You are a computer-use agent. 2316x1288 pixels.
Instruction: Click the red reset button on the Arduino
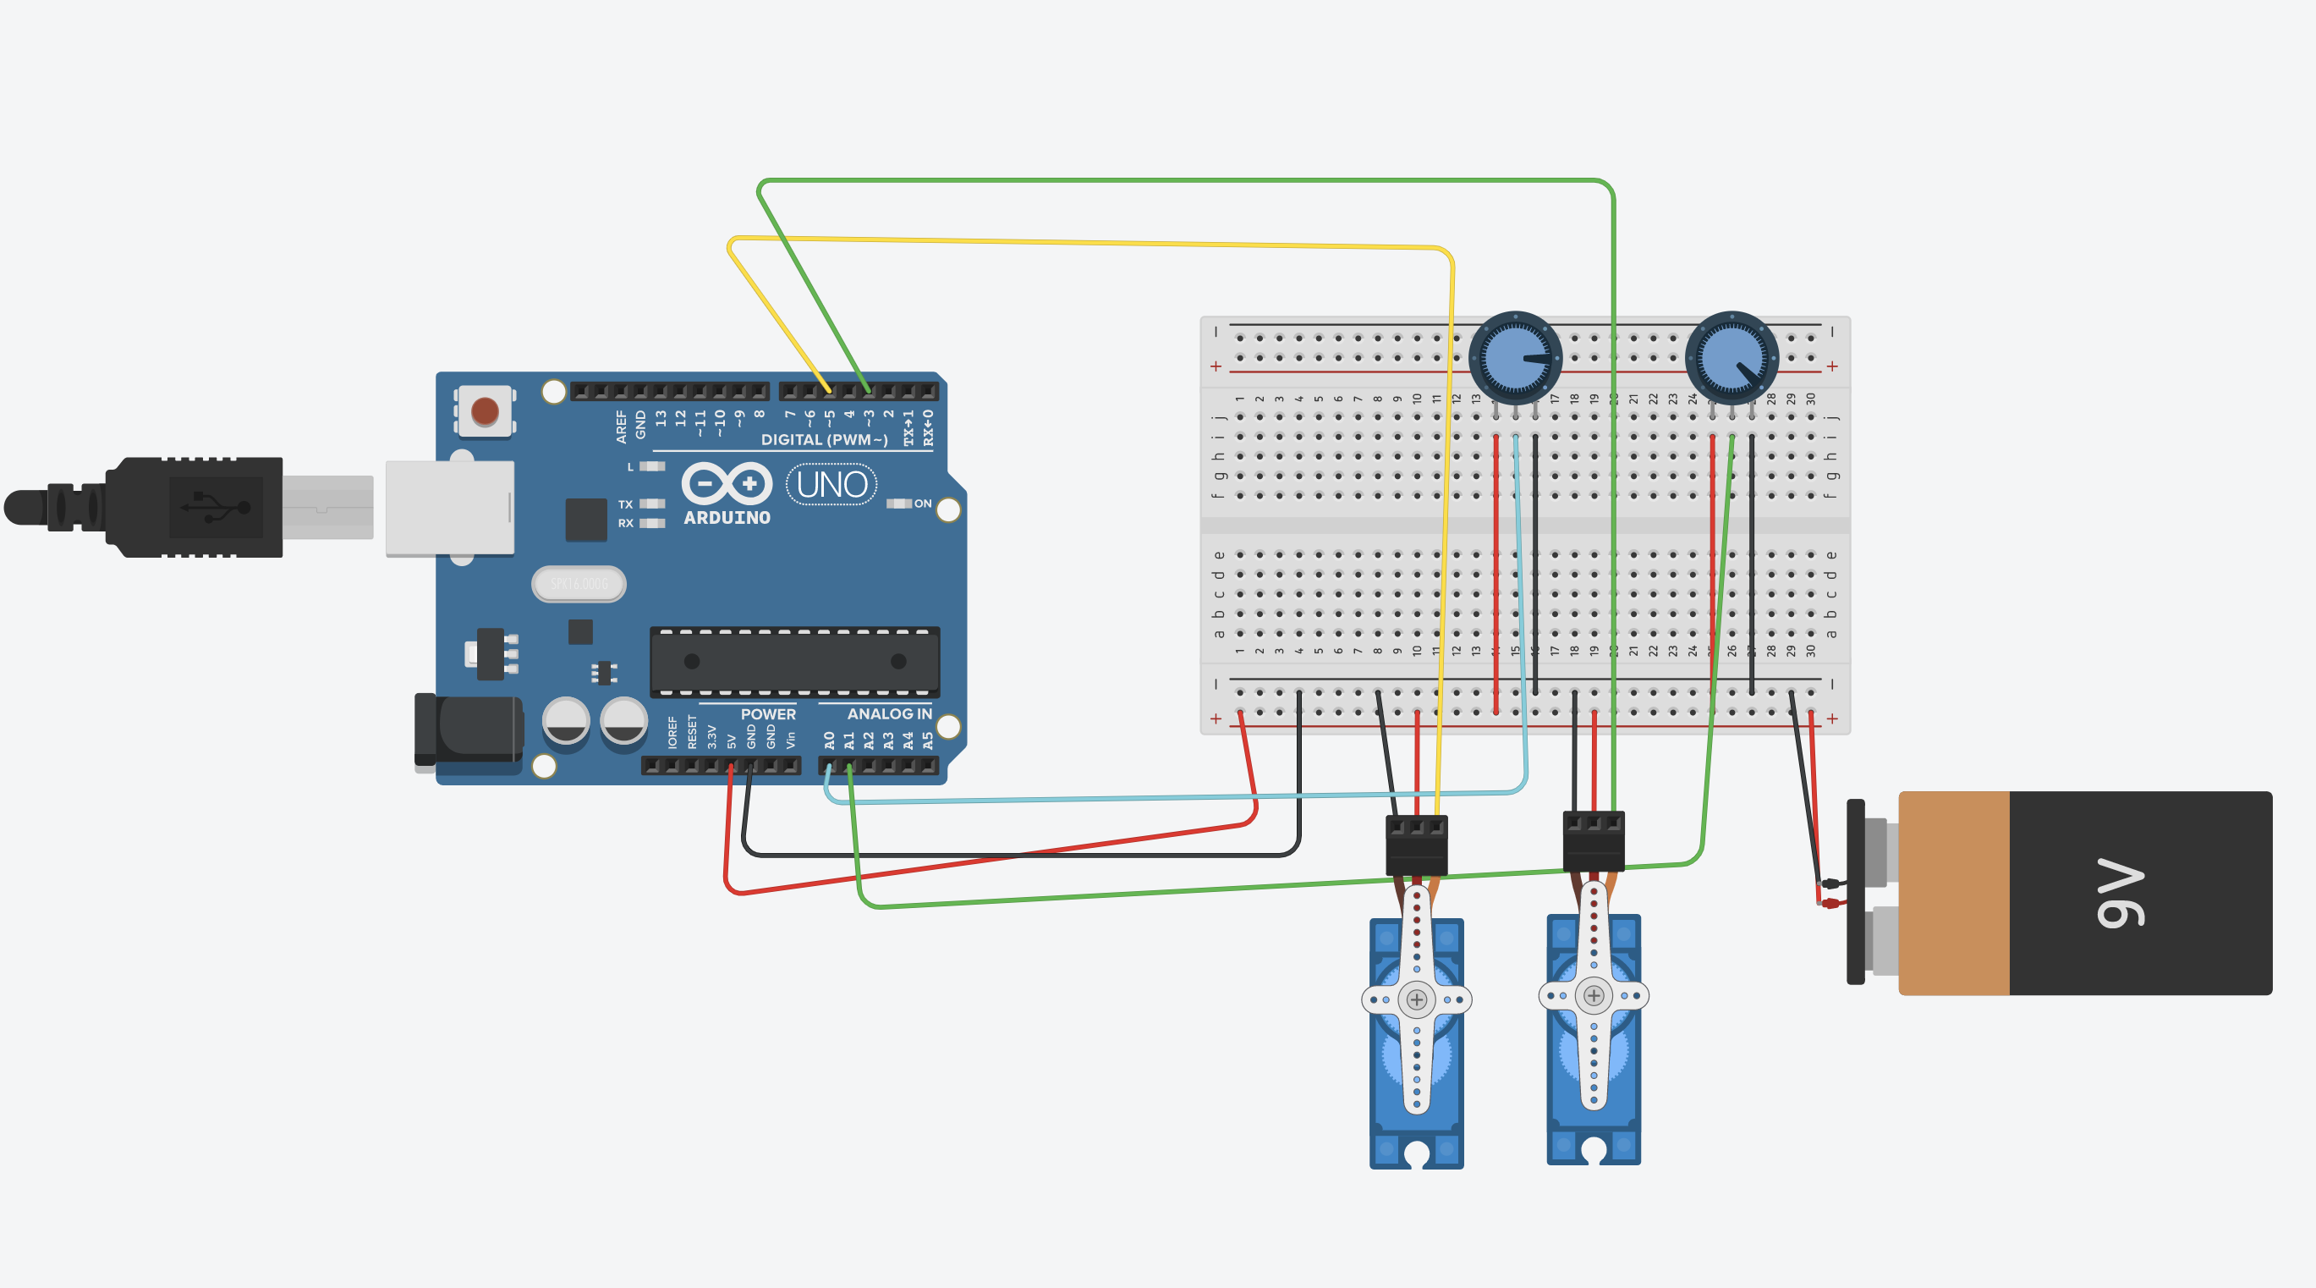click(x=485, y=411)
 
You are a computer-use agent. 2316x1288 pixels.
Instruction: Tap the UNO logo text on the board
click(x=831, y=485)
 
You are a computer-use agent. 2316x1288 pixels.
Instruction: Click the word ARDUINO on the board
click(x=727, y=518)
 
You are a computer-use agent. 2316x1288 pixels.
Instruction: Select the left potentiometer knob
click(x=1515, y=357)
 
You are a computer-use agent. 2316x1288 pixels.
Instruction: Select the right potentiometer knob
click(x=1732, y=357)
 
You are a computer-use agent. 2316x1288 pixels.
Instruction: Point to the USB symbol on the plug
click(x=216, y=507)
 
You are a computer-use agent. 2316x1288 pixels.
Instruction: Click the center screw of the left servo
click(x=1417, y=999)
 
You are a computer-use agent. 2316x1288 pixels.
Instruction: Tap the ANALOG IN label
click(x=889, y=714)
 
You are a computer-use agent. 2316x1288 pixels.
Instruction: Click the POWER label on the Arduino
click(x=768, y=714)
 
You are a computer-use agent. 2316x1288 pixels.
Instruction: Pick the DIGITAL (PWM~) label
click(x=824, y=440)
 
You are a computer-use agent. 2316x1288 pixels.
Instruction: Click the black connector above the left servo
click(x=1417, y=845)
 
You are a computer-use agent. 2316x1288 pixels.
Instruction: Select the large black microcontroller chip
click(x=795, y=662)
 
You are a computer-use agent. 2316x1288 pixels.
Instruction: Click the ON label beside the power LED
click(x=923, y=504)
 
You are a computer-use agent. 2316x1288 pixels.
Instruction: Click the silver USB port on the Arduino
click(x=449, y=509)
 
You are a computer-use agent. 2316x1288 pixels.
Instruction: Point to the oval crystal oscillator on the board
click(x=579, y=584)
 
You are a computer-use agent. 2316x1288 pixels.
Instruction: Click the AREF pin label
click(x=621, y=427)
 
